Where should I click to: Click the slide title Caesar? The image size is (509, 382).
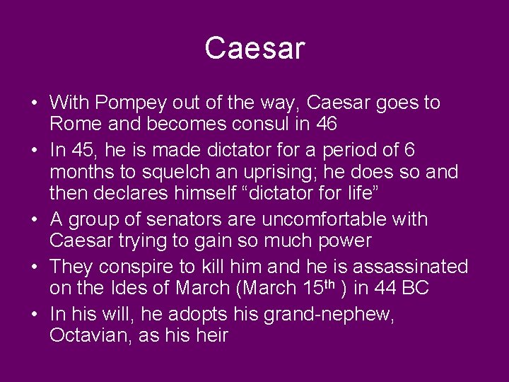[255, 48]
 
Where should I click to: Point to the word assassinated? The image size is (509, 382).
[410, 267]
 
